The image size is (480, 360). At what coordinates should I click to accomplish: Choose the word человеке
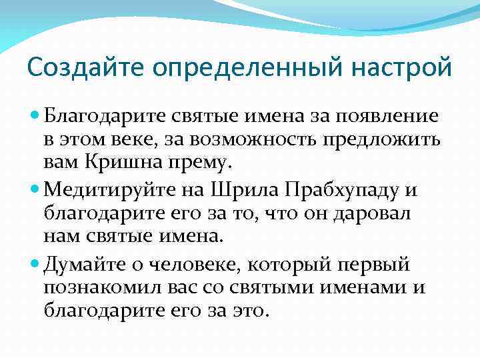pos(173,265)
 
